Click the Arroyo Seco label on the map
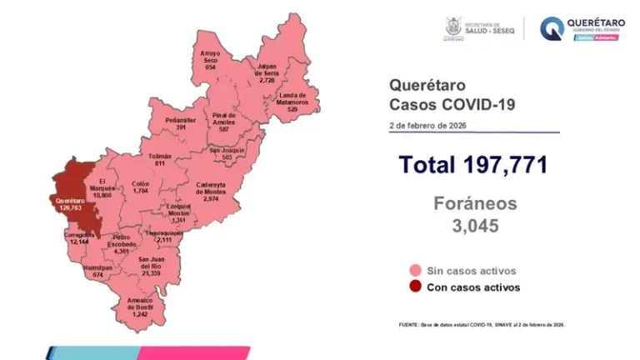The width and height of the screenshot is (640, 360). click(210, 60)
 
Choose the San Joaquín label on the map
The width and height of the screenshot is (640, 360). click(227, 153)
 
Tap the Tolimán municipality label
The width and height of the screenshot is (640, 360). click(159, 160)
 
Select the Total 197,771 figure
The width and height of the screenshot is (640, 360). click(472, 165)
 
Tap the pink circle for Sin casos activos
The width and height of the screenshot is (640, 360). click(413, 271)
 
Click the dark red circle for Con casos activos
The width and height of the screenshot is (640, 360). click(413, 287)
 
